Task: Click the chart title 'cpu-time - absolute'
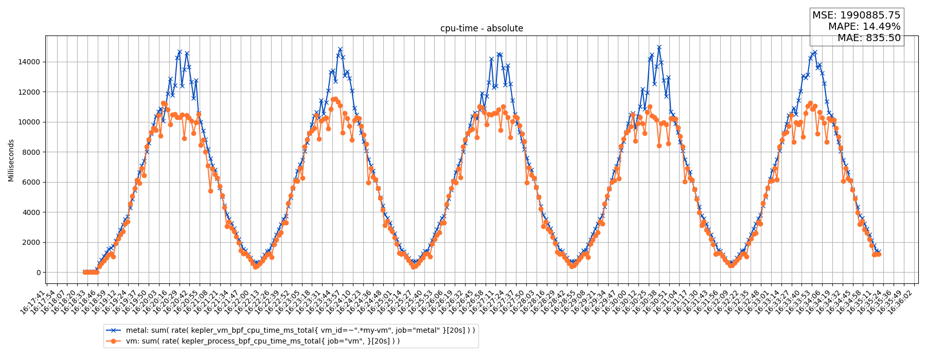point(482,29)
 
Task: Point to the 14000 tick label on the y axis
point(29,62)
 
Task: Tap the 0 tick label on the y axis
point(38,273)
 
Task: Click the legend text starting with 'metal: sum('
point(300,330)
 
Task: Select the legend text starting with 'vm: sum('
point(263,341)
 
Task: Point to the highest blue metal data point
point(659,47)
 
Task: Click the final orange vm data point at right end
point(879,254)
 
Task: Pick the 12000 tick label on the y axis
point(29,92)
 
